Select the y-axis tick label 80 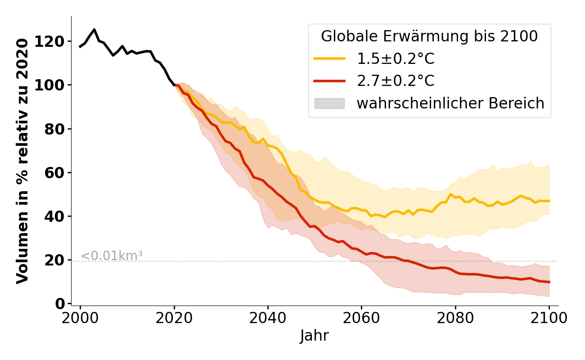(x=56, y=129)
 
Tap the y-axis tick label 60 (x=56, y=172)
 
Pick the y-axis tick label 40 (x=56, y=216)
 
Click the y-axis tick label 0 (x=60, y=304)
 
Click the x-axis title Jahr (x=315, y=336)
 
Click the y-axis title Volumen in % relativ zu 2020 (x=23, y=161)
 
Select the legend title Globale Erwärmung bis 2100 (x=429, y=36)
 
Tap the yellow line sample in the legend (x=329, y=58)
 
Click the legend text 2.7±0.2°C (x=396, y=81)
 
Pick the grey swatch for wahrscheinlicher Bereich (x=329, y=103)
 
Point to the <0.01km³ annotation (x=112, y=256)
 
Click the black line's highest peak (x=94, y=30)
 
